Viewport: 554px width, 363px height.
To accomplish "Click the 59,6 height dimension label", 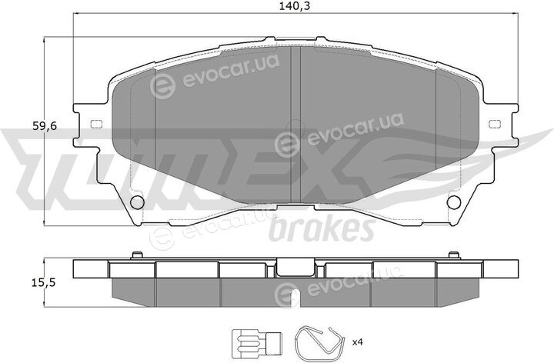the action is (x=45, y=126).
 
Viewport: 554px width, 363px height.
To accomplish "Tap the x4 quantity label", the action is (x=358, y=341).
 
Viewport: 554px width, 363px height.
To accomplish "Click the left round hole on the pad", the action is (x=137, y=202).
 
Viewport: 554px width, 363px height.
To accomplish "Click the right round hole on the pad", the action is (x=454, y=202).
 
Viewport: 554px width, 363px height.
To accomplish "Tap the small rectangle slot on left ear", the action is (x=96, y=124).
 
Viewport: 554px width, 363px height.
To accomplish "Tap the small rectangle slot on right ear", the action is (x=495, y=124).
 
